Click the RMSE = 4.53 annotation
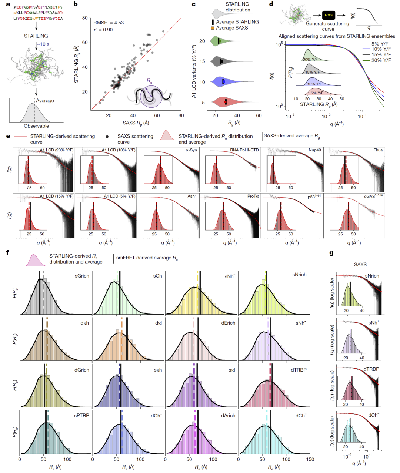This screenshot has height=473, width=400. (x=109, y=23)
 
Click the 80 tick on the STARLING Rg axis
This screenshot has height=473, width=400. (x=84, y=18)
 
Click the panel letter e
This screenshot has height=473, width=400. (x=8, y=136)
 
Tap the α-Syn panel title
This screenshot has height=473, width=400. (x=191, y=150)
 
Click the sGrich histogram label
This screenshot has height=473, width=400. (x=82, y=276)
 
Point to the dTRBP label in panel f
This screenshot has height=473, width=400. (x=299, y=370)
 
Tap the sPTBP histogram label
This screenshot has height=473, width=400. (x=81, y=415)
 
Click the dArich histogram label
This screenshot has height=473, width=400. (x=228, y=416)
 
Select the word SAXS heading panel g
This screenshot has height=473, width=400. (x=360, y=264)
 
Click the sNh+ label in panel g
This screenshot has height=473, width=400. (x=374, y=323)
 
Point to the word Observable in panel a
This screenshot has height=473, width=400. (x=36, y=126)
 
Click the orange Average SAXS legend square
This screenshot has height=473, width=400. (x=213, y=28)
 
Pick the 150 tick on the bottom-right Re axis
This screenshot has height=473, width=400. (x=310, y=459)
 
